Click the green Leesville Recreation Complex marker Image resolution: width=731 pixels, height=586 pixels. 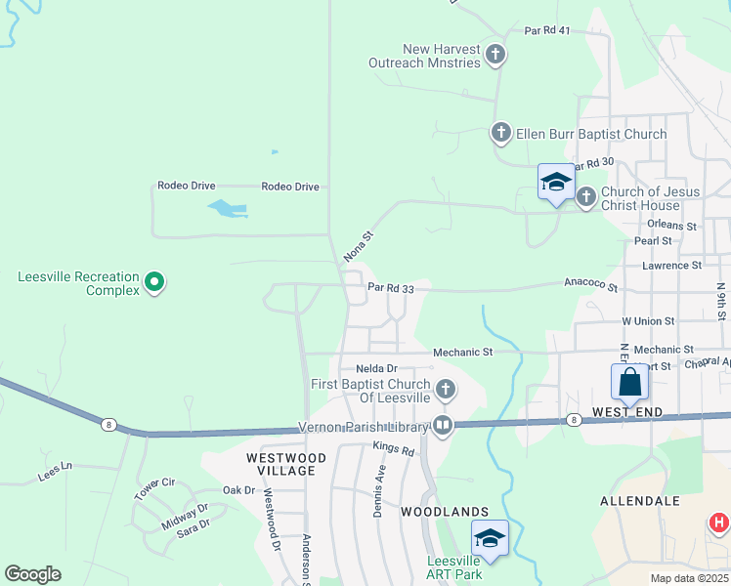pos(153,283)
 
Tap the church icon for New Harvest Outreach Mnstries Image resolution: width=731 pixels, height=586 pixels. pos(495,55)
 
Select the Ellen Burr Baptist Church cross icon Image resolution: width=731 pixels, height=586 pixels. pos(500,133)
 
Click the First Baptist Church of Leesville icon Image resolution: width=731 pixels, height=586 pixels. pos(445,391)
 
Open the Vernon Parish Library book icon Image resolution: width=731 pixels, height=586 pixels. pos(443,425)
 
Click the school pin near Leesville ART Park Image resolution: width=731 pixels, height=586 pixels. pos(491,538)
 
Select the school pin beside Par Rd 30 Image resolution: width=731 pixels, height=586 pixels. pos(556,182)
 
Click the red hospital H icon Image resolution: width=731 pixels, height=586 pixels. pos(719,523)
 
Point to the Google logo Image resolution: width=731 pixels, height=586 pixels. pos(32,574)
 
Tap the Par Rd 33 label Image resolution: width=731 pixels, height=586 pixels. pos(391,288)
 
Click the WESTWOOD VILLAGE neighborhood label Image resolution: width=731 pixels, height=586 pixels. pos(286,464)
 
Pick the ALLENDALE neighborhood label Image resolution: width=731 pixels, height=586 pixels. pos(640,501)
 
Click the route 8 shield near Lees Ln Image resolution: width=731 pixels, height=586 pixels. pos(107,424)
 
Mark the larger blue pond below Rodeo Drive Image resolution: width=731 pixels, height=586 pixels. pos(226,208)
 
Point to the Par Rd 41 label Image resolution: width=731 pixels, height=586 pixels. pos(547,31)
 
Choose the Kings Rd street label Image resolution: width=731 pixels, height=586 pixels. pos(394,450)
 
